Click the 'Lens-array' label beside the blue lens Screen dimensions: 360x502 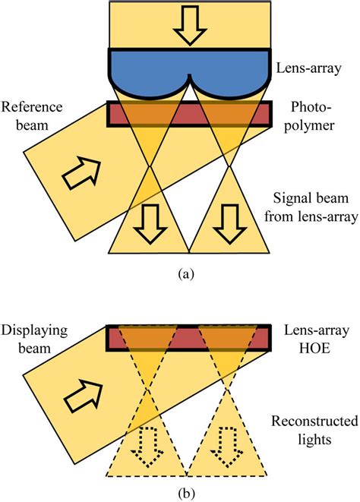tap(308, 68)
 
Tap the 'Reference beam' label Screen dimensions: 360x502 tap(32, 115)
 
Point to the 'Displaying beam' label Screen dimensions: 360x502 tap(34, 339)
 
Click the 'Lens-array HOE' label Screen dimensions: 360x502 tap(317, 339)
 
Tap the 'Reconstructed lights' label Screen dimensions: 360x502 tap(314, 431)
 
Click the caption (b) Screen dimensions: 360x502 tap(185, 494)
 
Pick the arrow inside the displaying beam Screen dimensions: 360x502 tap(84, 396)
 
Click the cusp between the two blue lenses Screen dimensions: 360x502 tap(190, 76)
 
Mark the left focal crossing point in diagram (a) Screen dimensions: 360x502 tap(150, 166)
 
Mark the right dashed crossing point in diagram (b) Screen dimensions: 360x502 tap(227, 388)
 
